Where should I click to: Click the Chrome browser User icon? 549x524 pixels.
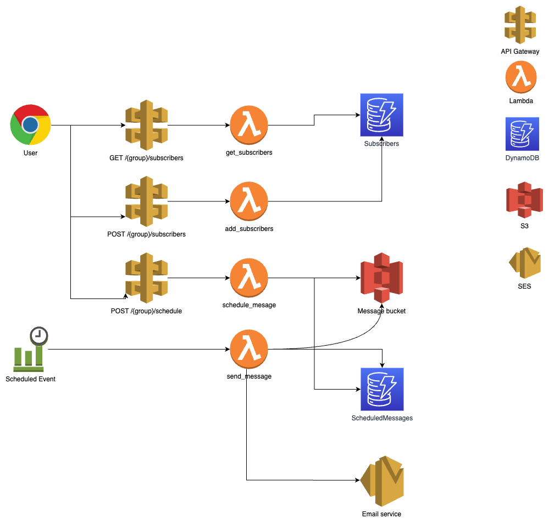tap(31, 125)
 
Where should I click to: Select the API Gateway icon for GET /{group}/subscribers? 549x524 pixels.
tap(146, 125)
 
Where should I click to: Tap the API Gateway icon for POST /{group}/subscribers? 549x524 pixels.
tap(146, 201)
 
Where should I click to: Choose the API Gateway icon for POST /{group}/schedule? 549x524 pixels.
tap(146, 278)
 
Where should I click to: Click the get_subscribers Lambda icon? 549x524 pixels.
tap(249, 125)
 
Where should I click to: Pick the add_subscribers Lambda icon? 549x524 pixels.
tap(249, 201)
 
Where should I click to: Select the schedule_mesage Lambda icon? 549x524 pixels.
tap(249, 278)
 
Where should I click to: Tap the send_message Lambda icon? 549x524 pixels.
tap(249, 350)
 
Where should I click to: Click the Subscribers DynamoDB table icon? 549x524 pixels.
tap(381, 115)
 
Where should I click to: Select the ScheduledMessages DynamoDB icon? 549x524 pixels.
tap(381, 389)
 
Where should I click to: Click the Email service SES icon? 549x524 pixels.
tap(382, 481)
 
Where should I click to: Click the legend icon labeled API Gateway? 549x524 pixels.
tap(520, 25)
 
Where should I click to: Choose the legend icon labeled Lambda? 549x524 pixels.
tap(520, 78)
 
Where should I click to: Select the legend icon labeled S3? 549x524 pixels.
tap(524, 200)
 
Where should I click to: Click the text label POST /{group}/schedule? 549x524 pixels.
tap(146, 311)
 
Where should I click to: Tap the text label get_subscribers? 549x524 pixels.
tap(249, 153)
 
